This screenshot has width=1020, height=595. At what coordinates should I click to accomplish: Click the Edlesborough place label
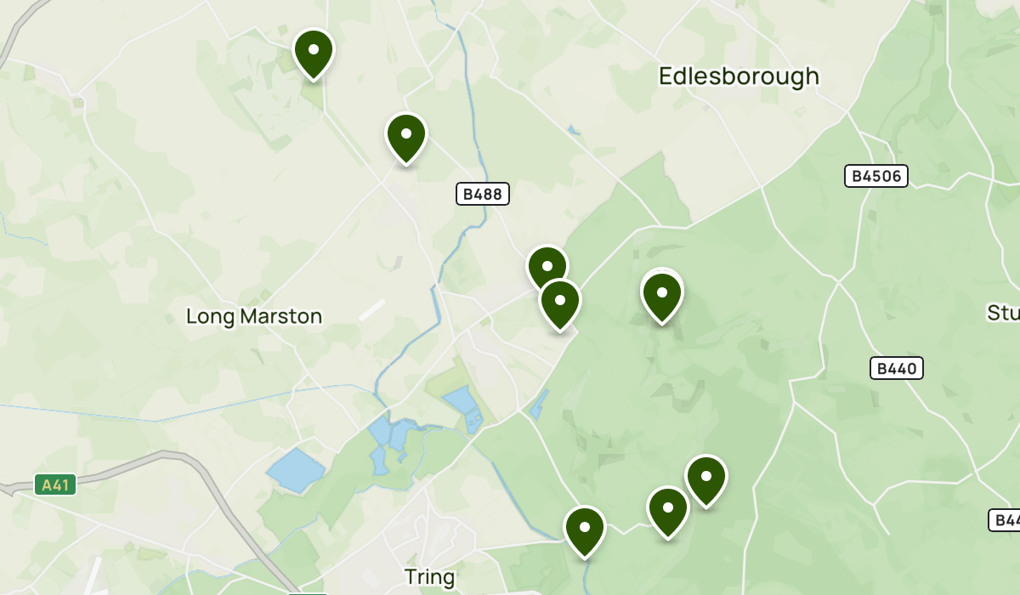739,76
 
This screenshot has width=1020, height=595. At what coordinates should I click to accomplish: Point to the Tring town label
429,578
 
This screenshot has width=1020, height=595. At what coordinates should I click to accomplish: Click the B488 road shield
483,194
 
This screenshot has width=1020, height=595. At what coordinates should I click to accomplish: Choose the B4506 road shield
876,176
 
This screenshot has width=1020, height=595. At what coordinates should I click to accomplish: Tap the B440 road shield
897,368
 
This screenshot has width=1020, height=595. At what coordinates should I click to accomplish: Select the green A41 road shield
56,485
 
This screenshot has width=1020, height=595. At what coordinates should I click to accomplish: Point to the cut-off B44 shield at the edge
1004,520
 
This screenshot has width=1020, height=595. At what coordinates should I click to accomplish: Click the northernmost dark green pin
314,53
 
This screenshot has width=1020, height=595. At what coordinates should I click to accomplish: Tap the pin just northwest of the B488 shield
406,137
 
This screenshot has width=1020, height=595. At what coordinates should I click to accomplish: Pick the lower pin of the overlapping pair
560,303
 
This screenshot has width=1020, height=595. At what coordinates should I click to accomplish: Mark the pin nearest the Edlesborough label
661,295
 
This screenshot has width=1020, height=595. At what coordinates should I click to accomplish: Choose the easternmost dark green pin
705,479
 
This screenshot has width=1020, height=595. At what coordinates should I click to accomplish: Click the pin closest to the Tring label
585,530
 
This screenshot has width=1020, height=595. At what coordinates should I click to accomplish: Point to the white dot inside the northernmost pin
314,49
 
